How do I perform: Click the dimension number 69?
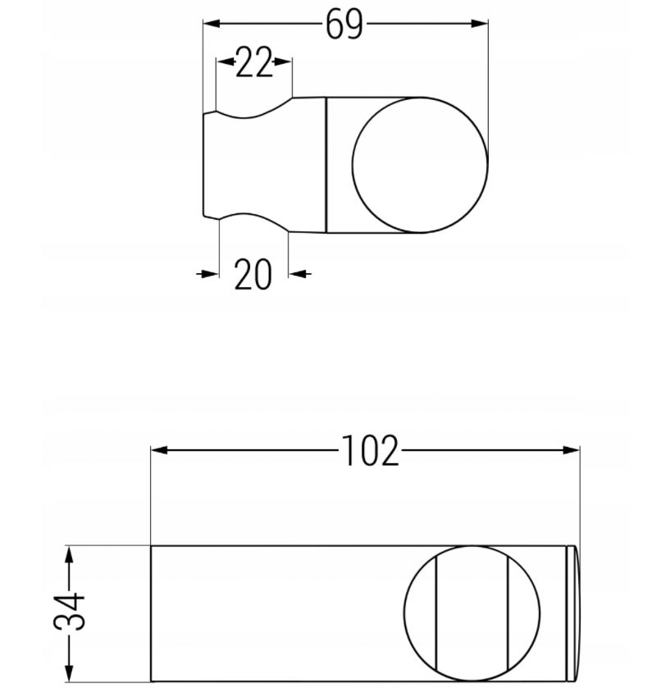point(344,25)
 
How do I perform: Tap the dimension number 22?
point(253,62)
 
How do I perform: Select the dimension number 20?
point(253,274)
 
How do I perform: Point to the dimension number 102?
point(370,451)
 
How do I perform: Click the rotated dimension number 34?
point(70,610)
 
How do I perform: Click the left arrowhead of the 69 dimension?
point(212,24)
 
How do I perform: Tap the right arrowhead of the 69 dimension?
point(479,24)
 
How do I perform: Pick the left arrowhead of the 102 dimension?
point(160,450)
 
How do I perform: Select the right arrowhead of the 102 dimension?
point(571,450)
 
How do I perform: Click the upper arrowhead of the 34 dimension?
point(69,555)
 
